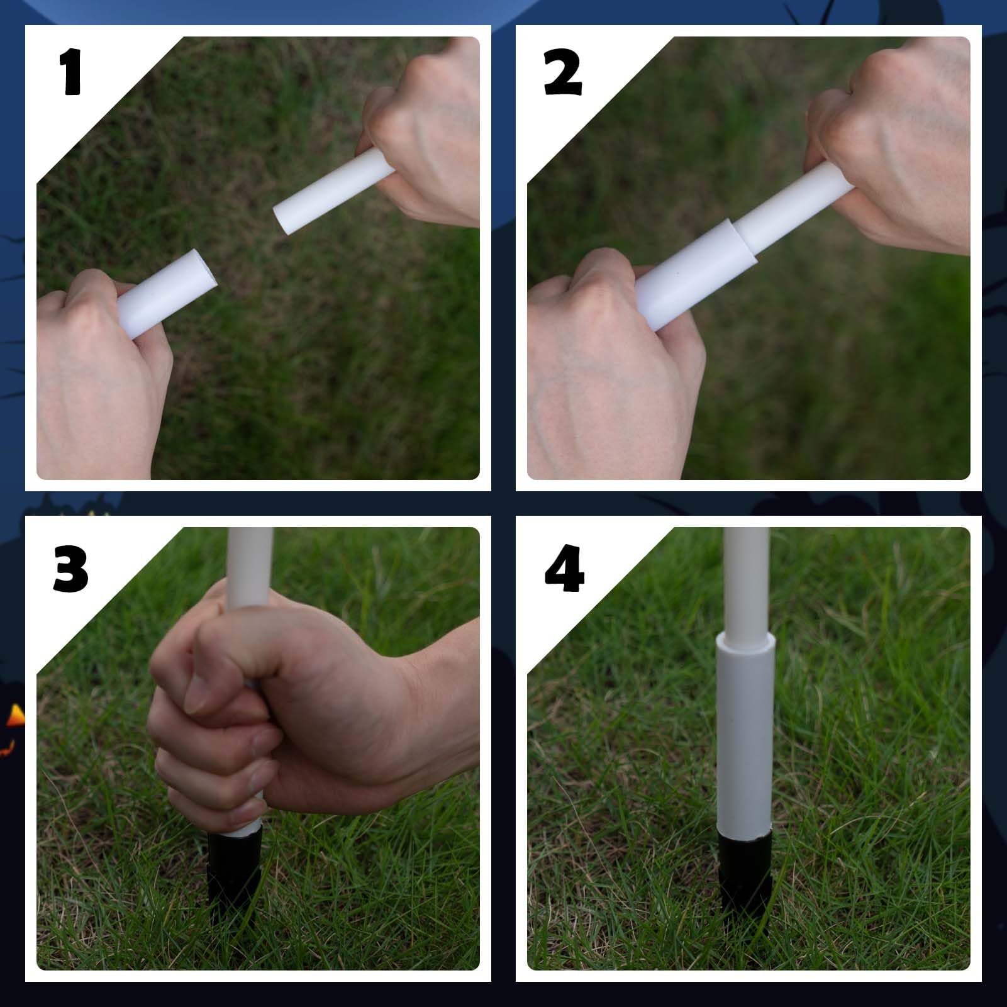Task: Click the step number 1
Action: coord(71,74)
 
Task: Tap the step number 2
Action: coord(563,74)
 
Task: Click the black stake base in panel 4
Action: coord(745,868)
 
